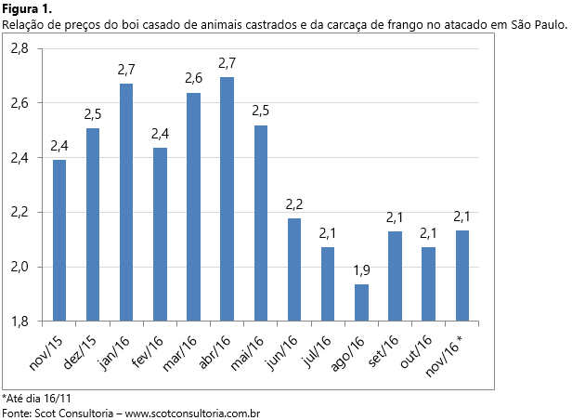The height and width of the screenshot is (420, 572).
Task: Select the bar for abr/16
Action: pyautogui.click(x=227, y=199)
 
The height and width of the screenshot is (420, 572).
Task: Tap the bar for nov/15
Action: pyautogui.click(x=59, y=241)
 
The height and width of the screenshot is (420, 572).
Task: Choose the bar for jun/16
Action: pyautogui.click(x=294, y=269)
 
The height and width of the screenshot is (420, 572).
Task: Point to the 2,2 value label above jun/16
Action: pyautogui.click(x=294, y=203)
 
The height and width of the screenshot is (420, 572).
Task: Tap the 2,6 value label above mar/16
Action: pyautogui.click(x=193, y=78)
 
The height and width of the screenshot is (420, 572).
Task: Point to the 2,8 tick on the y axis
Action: pyautogui.click(x=19, y=48)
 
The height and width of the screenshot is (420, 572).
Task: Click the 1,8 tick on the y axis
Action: pyautogui.click(x=19, y=322)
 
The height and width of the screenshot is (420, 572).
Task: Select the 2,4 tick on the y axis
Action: pyautogui.click(x=19, y=158)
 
